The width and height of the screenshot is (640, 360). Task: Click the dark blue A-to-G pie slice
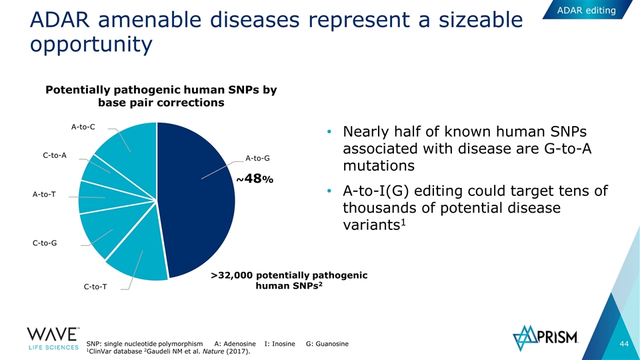(x=196, y=200)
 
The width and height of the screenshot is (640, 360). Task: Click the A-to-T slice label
(x=44, y=194)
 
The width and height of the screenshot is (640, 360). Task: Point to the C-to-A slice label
(x=55, y=155)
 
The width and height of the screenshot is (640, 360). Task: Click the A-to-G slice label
(x=257, y=159)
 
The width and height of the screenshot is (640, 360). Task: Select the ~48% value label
(x=255, y=179)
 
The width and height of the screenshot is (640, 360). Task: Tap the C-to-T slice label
(x=95, y=287)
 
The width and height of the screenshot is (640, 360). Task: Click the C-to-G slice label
(x=45, y=243)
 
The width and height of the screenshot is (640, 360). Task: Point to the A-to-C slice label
(x=83, y=127)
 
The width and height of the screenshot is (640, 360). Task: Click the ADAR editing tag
(x=587, y=10)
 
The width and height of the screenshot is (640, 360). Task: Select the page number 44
(x=624, y=344)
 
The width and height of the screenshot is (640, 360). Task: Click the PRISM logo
(x=545, y=338)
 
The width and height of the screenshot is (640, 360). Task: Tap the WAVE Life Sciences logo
(x=53, y=339)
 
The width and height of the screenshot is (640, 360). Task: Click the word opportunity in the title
(x=91, y=44)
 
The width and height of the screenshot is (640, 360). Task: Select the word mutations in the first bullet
(x=379, y=166)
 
